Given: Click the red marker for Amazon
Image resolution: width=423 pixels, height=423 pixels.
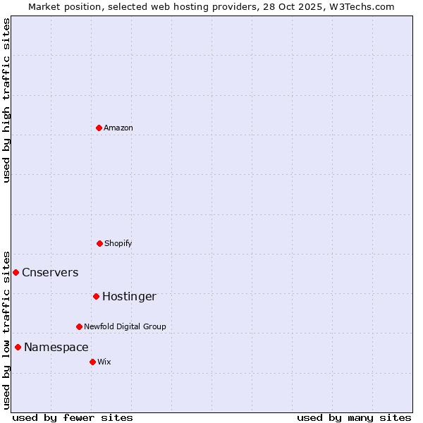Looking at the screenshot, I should (99, 128).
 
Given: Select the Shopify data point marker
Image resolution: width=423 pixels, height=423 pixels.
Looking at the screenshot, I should (99, 243).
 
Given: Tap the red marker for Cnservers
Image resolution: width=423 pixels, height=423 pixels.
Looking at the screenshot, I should (16, 272).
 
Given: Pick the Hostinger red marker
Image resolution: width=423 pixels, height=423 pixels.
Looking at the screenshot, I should (96, 296).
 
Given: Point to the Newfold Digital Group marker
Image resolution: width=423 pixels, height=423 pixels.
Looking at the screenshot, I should (79, 326).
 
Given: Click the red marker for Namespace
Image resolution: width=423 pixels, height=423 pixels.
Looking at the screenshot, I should (18, 347).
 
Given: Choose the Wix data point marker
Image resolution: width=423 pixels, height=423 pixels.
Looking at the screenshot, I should (92, 362).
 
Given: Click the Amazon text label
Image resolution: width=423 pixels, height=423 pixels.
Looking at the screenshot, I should (118, 128).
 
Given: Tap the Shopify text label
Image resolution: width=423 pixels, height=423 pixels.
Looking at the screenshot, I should (118, 243).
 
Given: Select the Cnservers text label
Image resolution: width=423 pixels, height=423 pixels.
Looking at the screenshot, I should (50, 273).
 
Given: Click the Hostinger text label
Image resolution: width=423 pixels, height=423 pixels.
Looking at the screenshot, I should (129, 297).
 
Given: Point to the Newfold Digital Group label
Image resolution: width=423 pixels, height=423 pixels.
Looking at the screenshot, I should (125, 326).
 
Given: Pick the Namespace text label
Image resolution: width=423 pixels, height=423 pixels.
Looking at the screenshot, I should (56, 348).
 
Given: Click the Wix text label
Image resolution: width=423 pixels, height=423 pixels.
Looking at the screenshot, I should (104, 362).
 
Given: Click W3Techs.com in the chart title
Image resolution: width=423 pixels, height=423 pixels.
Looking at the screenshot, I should (362, 6).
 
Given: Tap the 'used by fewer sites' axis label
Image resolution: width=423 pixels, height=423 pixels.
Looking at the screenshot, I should (73, 417).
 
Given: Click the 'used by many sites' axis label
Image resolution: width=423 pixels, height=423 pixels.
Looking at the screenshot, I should (354, 417).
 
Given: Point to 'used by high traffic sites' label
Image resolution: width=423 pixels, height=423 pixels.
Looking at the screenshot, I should (6, 100).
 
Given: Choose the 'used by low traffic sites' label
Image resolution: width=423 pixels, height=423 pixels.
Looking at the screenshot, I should (6, 329).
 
